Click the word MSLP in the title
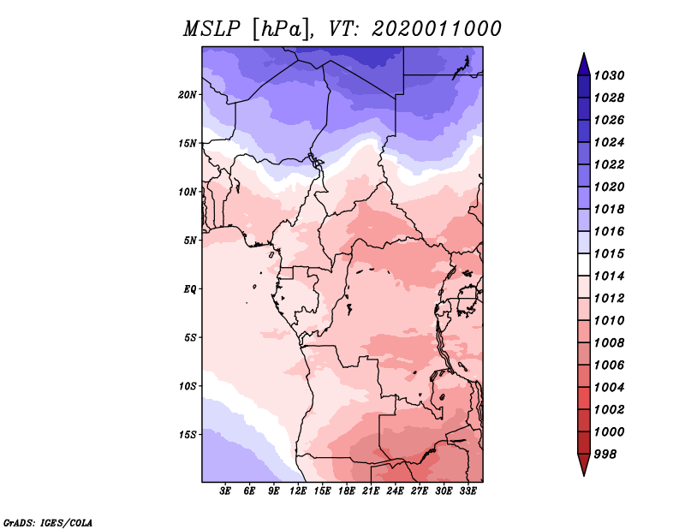211,29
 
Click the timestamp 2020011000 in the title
437,29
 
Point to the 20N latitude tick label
188,95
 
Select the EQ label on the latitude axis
190,289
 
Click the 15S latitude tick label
188,435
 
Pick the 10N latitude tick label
188,192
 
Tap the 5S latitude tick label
190,337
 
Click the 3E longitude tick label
225,491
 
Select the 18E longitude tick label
347,491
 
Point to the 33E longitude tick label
468,491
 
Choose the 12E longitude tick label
298,491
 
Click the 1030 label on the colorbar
610,75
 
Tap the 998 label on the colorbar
605,455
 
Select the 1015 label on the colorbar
610,253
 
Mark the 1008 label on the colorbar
610,343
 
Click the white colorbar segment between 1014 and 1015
584,264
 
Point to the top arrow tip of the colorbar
584,53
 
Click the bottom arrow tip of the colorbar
584,476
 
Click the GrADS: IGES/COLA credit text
48,522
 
